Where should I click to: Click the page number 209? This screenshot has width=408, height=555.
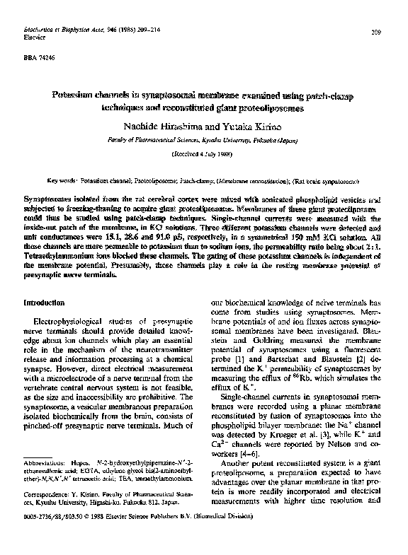click(376, 33)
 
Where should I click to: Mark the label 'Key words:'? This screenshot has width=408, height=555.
click(62, 181)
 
